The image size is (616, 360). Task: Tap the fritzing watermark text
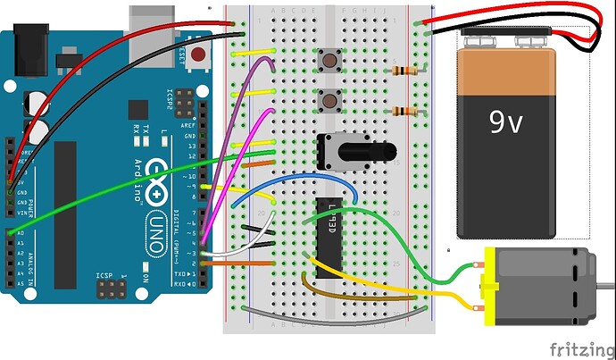580,347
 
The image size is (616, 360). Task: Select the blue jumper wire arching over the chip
295,178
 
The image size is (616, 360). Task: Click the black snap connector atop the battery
504,39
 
